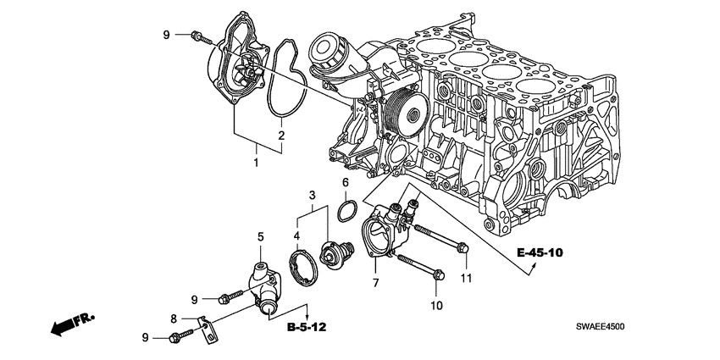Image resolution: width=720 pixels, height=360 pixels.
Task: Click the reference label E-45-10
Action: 539,253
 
